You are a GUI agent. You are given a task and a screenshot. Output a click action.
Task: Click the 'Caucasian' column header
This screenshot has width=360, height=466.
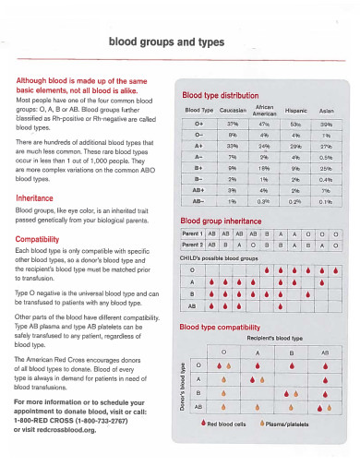233,110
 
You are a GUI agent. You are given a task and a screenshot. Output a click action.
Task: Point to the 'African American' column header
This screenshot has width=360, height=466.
265,109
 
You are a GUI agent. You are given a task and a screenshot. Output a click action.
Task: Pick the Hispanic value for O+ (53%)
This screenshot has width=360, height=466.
295,123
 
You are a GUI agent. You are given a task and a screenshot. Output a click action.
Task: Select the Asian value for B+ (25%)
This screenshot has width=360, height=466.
326,169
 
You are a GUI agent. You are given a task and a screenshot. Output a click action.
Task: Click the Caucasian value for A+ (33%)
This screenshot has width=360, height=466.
233,146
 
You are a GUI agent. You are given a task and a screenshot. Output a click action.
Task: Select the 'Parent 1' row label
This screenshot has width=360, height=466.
192,233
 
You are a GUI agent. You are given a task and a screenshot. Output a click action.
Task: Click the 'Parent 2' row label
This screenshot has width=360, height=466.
192,245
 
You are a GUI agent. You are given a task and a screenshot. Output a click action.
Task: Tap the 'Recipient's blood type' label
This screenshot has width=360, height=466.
267,339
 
